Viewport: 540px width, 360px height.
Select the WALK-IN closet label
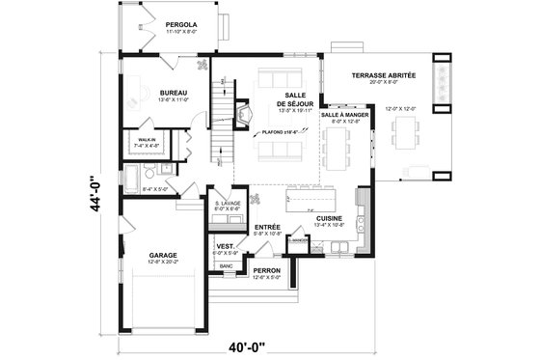148,140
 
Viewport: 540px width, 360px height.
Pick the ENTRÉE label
267,227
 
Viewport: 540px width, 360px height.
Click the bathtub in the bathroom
131,179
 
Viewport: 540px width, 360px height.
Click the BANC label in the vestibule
226,265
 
